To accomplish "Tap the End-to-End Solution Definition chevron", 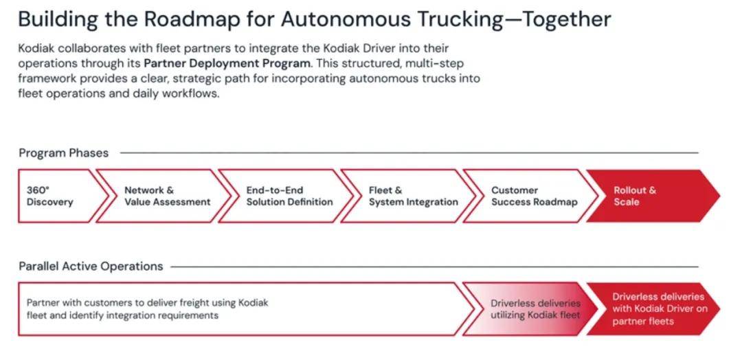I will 289,196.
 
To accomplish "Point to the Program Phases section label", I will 63,153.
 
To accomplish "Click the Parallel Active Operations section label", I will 91,266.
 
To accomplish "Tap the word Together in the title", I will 567,19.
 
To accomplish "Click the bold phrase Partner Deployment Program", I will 227,63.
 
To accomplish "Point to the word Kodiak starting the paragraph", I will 36,49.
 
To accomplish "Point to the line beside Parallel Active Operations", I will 433,266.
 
